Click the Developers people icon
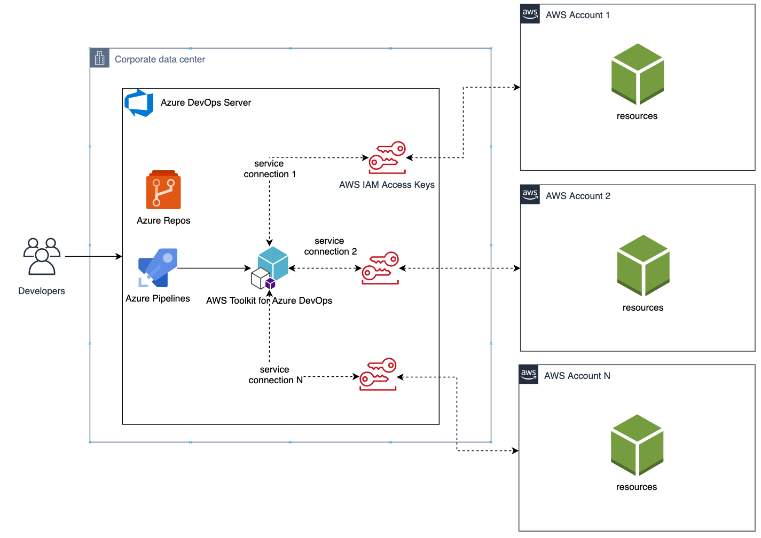point(42,256)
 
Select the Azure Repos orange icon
point(163,190)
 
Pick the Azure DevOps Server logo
point(139,102)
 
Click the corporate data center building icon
point(99,58)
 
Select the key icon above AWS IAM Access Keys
point(387,157)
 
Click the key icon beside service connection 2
point(380,268)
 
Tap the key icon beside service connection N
point(378,374)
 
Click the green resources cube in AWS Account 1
point(637,74)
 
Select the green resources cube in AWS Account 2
point(643,265)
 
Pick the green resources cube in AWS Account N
point(637,445)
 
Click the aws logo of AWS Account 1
point(530,14)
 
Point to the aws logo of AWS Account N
point(529,375)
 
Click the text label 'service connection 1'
point(270,169)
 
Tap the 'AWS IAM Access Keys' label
point(387,185)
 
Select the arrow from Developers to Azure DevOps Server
point(93,257)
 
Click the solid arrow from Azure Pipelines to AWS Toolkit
point(214,268)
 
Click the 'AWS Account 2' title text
point(578,196)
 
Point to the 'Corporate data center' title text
point(160,59)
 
